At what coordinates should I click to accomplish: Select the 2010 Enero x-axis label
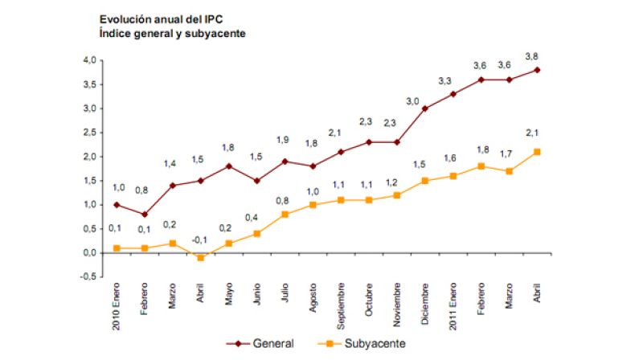(x=115, y=307)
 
